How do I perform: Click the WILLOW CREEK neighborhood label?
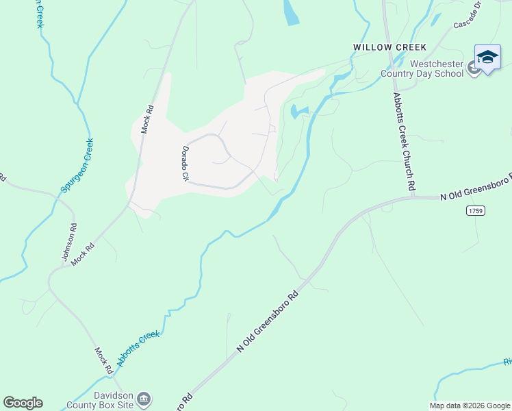point(389,47)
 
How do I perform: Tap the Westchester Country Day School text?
point(436,69)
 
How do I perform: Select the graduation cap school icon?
point(487,58)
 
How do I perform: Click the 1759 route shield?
point(476,210)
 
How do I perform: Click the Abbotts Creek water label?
point(138,348)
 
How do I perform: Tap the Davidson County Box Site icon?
point(144,399)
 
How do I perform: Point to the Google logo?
point(23,403)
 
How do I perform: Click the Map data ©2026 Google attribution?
point(470,406)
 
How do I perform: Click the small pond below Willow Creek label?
point(299,111)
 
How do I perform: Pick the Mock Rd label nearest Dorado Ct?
point(147,118)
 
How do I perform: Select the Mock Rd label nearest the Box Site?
point(103,360)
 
